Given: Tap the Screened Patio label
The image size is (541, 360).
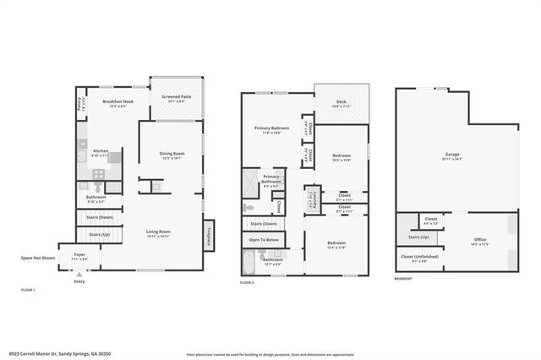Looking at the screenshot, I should pyautogui.click(x=175, y=96).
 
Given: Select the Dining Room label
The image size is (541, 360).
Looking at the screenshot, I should pyautogui.click(x=172, y=154).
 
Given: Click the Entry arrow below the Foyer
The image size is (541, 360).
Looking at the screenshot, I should pyautogui.click(x=79, y=275).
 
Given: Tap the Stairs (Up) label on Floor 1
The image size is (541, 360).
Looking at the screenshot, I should pyautogui.click(x=99, y=233).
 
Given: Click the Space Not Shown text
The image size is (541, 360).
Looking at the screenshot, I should pyautogui.click(x=38, y=257).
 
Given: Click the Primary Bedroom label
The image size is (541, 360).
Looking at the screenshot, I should pyautogui.click(x=272, y=128).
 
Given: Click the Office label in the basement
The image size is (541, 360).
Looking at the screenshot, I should pyautogui.click(x=480, y=240).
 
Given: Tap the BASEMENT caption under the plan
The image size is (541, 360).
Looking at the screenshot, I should pyautogui.click(x=404, y=278).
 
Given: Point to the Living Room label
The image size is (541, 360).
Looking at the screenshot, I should pyautogui.click(x=159, y=232).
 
